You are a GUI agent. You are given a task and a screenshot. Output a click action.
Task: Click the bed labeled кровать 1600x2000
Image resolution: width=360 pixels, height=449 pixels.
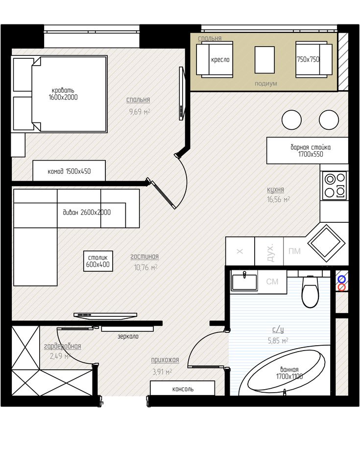pos(69,94)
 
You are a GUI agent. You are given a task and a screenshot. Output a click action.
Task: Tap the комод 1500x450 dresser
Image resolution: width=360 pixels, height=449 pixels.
pos(69,171)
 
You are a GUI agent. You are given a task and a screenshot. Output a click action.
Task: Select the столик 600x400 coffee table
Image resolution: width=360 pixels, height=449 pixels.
pos(98,261)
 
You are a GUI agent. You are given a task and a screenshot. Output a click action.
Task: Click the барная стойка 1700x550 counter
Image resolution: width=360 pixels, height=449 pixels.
pos(307,150)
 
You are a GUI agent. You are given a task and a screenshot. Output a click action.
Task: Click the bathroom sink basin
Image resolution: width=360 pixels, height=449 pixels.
pos(244,282)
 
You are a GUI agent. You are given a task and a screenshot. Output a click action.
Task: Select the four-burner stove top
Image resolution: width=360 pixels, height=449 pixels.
pos(334,185)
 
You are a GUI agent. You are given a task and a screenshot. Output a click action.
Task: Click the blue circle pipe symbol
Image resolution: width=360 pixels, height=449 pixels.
pos(341,279)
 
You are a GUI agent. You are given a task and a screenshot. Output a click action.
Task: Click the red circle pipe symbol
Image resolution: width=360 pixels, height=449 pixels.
pos(341,287)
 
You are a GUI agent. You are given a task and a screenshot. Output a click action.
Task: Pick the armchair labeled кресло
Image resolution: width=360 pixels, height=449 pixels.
pos(215,60)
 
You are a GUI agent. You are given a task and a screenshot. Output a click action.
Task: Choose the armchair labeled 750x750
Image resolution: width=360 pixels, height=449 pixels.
pos(314,60)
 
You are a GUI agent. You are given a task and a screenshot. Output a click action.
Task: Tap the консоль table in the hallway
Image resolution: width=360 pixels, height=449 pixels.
pos(182,388)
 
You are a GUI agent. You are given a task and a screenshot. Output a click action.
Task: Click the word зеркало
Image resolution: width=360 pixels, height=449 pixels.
pos(128,336)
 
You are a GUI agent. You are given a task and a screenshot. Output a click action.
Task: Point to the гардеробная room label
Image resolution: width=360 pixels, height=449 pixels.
pos(62,346)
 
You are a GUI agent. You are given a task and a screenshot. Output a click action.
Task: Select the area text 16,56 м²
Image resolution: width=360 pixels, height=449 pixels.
pos(278,199)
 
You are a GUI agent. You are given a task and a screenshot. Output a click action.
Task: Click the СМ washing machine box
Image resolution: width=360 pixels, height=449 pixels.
pos(272,282)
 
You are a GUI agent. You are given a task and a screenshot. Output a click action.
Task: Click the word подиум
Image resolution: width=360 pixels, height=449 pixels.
pos(266,84)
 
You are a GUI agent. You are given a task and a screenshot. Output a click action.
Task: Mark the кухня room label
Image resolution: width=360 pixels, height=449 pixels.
pos(276,189)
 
